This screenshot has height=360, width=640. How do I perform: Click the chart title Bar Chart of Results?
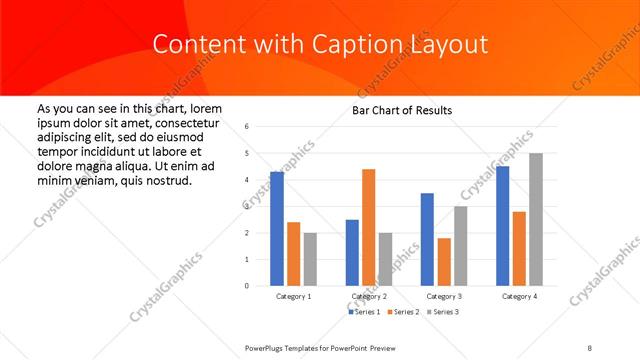pyautogui.click(x=401, y=110)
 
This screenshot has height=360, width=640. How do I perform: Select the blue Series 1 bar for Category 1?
pyautogui.click(x=277, y=228)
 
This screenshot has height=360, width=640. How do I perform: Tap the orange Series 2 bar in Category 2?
pyautogui.click(x=368, y=227)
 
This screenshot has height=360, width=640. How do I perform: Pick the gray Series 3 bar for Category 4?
pyautogui.click(x=535, y=219)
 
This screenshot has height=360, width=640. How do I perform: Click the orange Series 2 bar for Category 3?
pyautogui.click(x=444, y=261)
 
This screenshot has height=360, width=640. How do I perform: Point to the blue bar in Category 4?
pyautogui.click(x=502, y=225)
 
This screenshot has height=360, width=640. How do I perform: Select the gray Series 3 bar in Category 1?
pyautogui.click(x=310, y=259)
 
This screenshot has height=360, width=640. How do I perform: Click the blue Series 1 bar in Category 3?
pyautogui.click(x=427, y=239)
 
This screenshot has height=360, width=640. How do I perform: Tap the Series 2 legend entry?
pyautogui.click(x=402, y=313)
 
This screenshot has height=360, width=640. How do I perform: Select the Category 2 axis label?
pyautogui.click(x=369, y=297)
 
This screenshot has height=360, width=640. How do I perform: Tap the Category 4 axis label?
pyautogui.click(x=519, y=297)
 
